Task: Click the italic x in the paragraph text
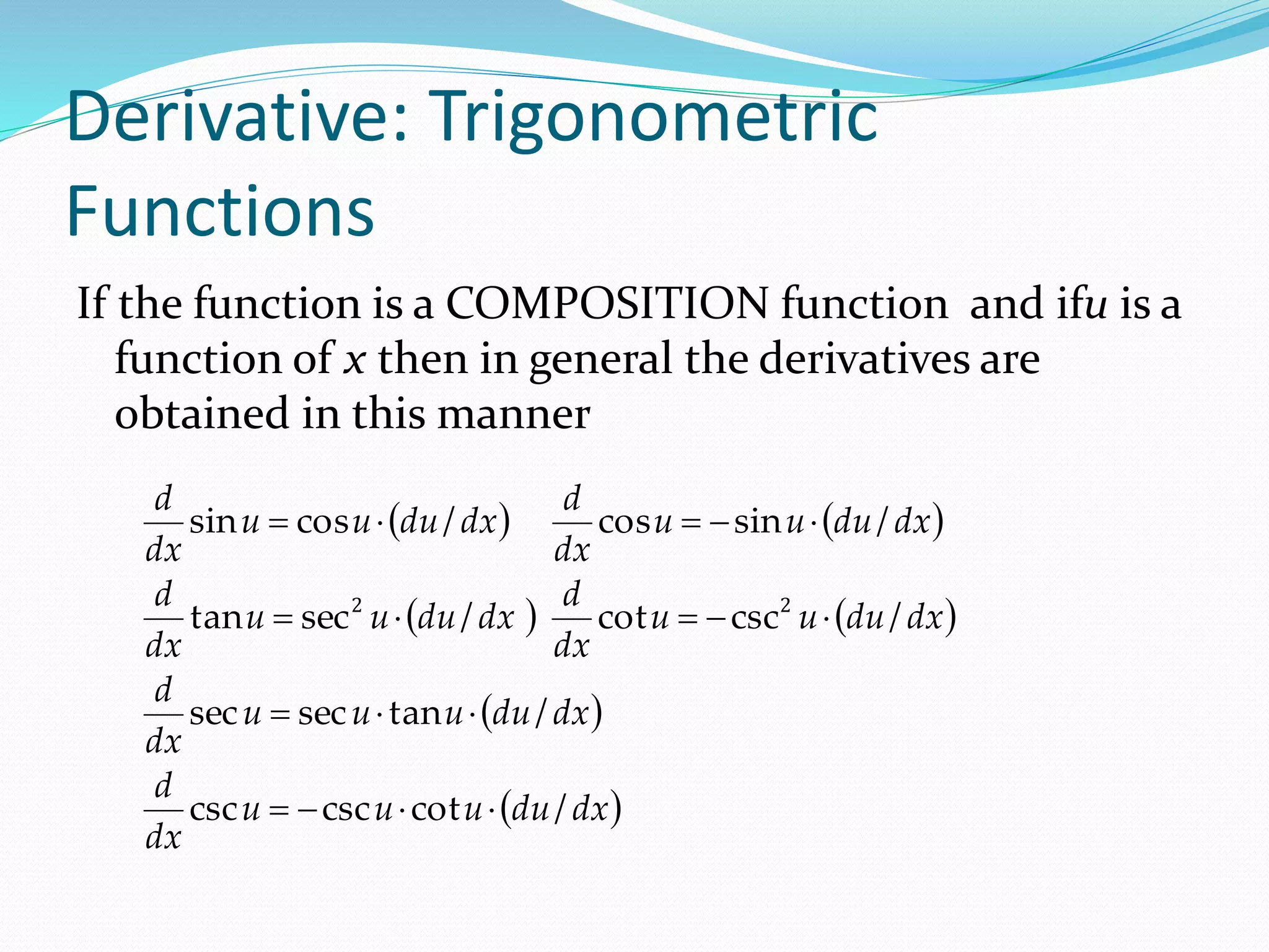354,359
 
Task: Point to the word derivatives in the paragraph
865,359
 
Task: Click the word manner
514,414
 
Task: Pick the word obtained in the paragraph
202,413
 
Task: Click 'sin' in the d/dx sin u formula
213,522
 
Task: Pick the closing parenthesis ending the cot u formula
951,618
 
